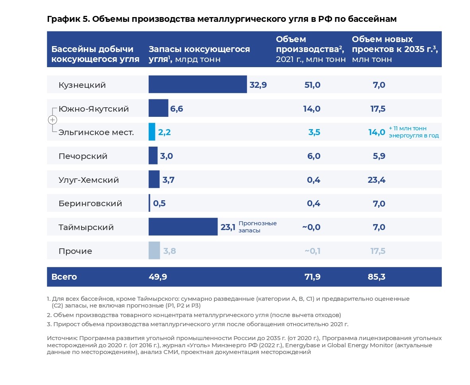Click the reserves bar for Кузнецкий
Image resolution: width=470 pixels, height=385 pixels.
[x=198, y=85]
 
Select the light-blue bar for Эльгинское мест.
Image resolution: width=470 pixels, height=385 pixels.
[x=152, y=132]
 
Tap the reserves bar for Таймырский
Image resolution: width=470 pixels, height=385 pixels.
[x=183, y=227]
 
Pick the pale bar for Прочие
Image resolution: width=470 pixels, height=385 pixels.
[x=154, y=251]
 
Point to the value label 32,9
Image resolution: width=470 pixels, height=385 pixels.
[x=258, y=85]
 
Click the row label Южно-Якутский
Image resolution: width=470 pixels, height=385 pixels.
[x=93, y=109]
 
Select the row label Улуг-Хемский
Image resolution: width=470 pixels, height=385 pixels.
[x=89, y=180]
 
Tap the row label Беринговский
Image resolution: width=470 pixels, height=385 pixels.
[x=90, y=203]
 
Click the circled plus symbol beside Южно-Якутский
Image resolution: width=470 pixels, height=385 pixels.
[x=52, y=120]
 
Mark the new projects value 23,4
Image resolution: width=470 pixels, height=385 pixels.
[x=377, y=180]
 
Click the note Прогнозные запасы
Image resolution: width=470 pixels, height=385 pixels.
[x=257, y=227]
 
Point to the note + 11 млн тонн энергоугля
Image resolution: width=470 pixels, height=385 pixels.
[x=414, y=132]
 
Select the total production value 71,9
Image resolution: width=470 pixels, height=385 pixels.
[x=313, y=277]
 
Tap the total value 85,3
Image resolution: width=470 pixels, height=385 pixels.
[x=377, y=277]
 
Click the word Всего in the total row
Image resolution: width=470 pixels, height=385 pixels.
[x=64, y=277]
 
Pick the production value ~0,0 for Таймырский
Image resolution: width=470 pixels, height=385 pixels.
[x=311, y=227]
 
